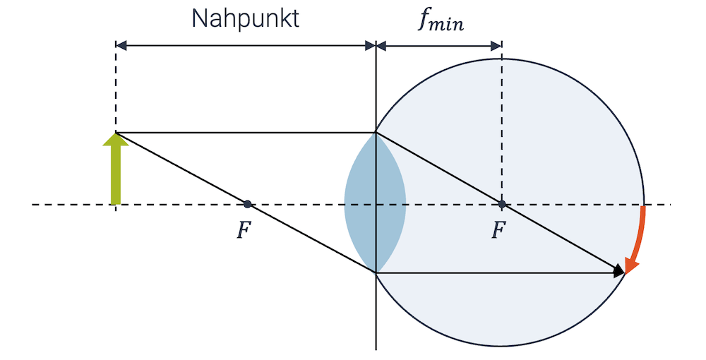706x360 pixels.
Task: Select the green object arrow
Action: (115, 173)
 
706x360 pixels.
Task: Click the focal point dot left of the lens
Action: (247, 204)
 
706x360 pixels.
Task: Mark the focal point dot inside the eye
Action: (502, 204)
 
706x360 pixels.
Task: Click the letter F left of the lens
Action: (242, 231)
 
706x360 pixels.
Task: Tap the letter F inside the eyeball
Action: (498, 231)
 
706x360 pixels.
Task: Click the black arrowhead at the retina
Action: (619, 270)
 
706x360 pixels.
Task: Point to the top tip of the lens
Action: (376, 133)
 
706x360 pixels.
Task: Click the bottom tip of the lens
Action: (376, 272)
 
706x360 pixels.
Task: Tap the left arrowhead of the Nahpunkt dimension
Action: (121, 46)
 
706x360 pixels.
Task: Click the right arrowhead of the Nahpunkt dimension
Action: (370, 46)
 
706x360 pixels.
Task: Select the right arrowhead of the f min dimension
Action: (496, 46)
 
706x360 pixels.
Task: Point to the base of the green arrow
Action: (115, 203)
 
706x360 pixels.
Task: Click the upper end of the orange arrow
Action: (644, 208)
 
